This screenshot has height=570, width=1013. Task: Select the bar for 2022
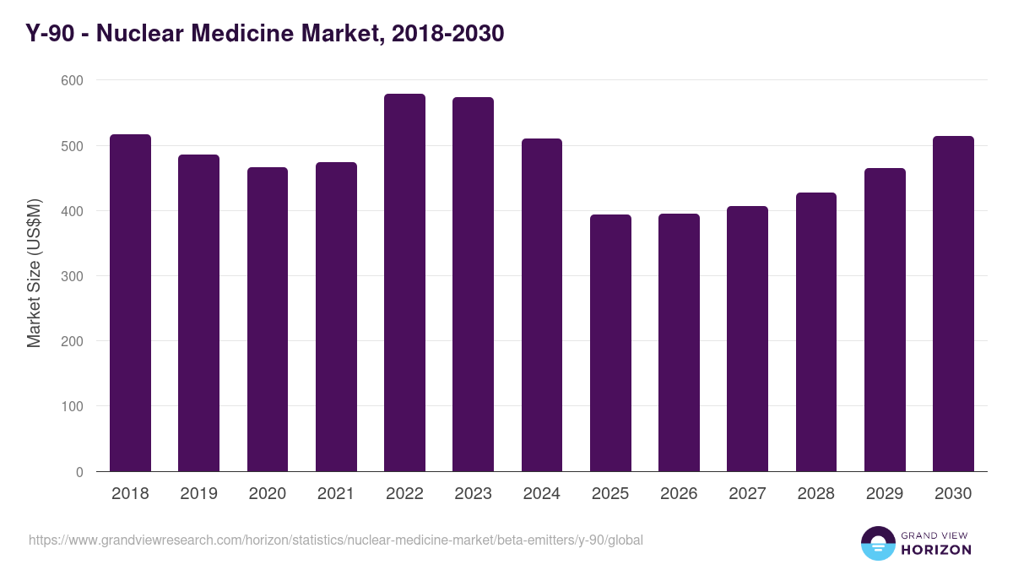pos(404,283)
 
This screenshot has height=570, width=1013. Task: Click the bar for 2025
pos(610,343)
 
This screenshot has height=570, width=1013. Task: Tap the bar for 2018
pos(130,303)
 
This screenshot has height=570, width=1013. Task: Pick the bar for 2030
pos(953,304)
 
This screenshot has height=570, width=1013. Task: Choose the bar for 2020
pos(268,319)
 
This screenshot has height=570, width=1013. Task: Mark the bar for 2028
pos(816,332)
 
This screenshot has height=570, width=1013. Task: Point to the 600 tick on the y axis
pos(73,80)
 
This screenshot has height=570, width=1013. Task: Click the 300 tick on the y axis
pos(73,276)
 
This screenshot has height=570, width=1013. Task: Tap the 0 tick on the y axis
pos(79,472)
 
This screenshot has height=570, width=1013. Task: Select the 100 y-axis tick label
pos(73,406)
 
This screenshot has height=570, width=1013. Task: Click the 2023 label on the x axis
pos(473,494)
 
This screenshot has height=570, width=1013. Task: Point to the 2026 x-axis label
pos(679,494)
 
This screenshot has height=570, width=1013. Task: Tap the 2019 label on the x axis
pos(198,494)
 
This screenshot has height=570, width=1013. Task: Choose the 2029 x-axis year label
pos(885,494)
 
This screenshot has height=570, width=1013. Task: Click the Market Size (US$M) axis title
pos(34,274)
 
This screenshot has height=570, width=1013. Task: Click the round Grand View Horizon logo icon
pos(877,543)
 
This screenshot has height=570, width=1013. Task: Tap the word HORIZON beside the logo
pos(935,550)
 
